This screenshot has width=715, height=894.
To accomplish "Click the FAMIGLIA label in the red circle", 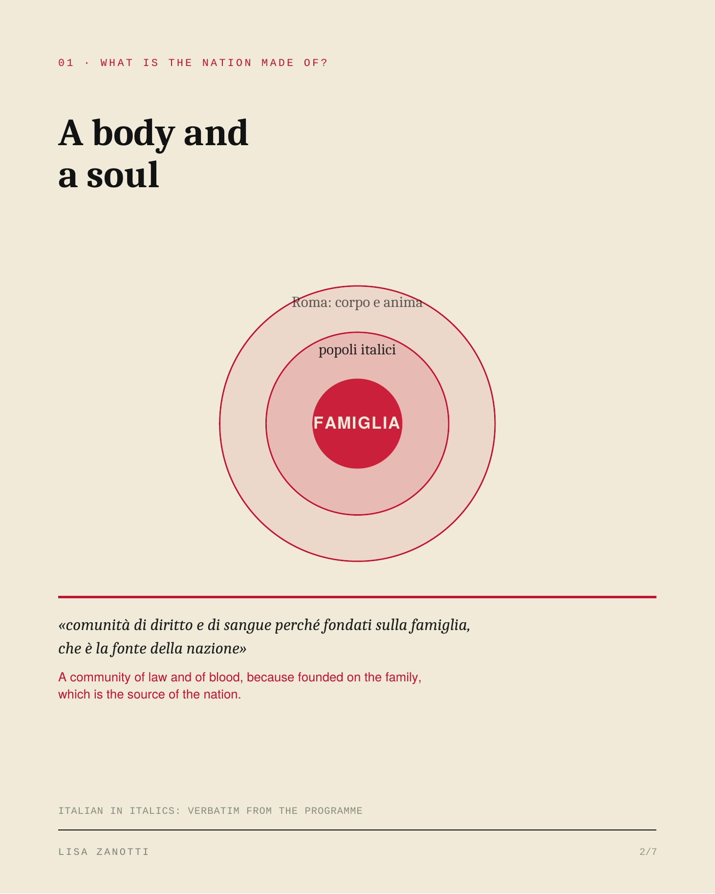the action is [357, 423].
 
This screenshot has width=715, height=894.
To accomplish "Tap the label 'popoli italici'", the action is [357, 350].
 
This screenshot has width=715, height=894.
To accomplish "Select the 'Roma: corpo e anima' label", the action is [357, 303].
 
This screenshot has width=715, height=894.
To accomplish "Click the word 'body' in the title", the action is [133, 134].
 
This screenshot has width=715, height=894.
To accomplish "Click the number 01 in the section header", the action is [66, 63].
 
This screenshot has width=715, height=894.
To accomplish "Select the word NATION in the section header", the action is [227, 63].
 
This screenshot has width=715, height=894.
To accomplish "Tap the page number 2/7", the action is [648, 852].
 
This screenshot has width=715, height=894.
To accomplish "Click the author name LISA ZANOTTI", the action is [104, 852].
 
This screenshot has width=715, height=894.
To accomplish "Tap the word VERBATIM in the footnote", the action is [214, 811].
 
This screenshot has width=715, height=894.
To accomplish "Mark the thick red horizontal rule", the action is [357, 597].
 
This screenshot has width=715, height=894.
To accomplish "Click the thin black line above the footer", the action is [357, 830].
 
